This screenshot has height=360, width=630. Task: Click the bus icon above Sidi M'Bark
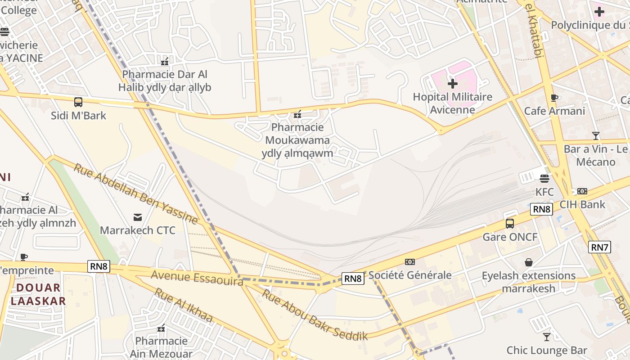coord(78,102)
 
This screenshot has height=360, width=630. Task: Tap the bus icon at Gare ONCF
coord(510,224)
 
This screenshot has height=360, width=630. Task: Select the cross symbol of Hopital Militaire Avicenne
coord(453,84)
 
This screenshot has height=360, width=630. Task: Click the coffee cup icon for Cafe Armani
coord(554,98)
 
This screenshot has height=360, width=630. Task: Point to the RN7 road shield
coord(599,247)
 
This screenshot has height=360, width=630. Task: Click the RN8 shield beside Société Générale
coord(353,279)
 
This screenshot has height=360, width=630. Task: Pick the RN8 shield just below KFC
coord(541,209)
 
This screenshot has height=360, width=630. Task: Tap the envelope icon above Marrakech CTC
coord(138,218)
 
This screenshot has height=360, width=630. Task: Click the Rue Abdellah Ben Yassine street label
coord(135,194)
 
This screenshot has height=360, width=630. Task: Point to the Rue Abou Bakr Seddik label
coord(315,315)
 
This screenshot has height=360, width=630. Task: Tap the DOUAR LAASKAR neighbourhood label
coord(38,294)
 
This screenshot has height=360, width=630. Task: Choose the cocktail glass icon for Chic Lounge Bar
coord(547,337)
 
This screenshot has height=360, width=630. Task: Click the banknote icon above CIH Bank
coord(582,191)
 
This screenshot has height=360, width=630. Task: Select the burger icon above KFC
coord(544,178)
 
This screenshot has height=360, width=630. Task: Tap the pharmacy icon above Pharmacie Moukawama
coord(297,115)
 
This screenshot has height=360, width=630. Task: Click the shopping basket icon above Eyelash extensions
coord(529,262)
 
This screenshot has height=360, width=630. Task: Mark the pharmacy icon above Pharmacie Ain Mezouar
coord(161,328)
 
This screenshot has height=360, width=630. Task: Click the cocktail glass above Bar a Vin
coord(596,135)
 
